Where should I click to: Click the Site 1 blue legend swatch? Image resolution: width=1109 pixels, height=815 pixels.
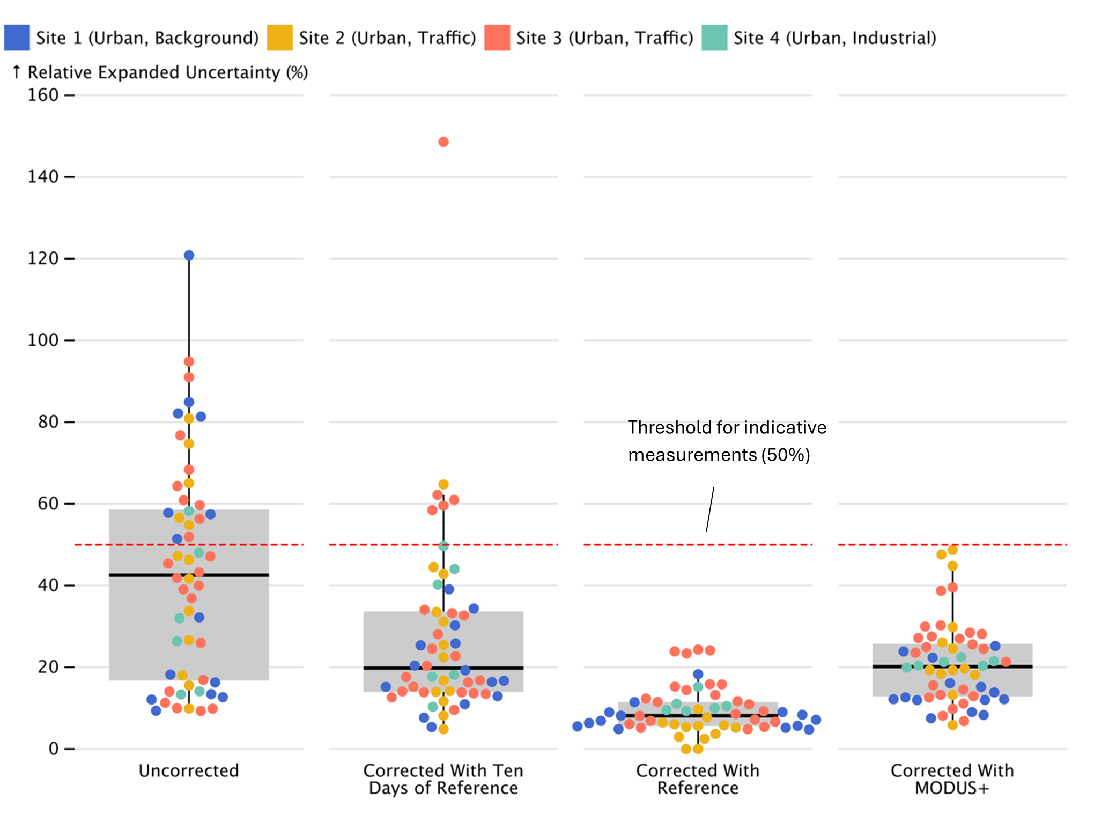(17, 38)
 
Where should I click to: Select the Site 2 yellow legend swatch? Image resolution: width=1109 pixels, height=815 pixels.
(279, 38)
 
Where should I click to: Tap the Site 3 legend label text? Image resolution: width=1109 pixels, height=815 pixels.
(604, 38)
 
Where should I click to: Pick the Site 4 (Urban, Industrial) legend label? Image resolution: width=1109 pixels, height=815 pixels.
(834, 38)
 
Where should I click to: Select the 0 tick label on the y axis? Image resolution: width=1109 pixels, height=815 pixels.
(53, 749)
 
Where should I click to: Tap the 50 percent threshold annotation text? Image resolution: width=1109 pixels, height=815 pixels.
(727, 441)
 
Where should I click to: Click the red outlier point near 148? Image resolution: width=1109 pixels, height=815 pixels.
(443, 142)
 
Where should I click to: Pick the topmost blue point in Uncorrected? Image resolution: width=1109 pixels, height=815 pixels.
(189, 255)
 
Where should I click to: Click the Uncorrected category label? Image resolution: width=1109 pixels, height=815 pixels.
(189, 770)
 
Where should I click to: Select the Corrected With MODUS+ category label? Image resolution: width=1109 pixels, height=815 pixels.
(952, 779)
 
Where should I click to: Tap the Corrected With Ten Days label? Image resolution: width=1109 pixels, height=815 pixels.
(443, 779)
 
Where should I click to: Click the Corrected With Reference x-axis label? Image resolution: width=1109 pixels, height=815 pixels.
(698, 779)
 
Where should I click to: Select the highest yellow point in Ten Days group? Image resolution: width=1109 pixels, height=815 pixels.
(443, 485)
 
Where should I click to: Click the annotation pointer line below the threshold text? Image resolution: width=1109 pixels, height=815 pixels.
(710, 509)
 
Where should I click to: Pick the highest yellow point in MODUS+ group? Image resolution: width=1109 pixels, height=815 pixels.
(952, 550)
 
